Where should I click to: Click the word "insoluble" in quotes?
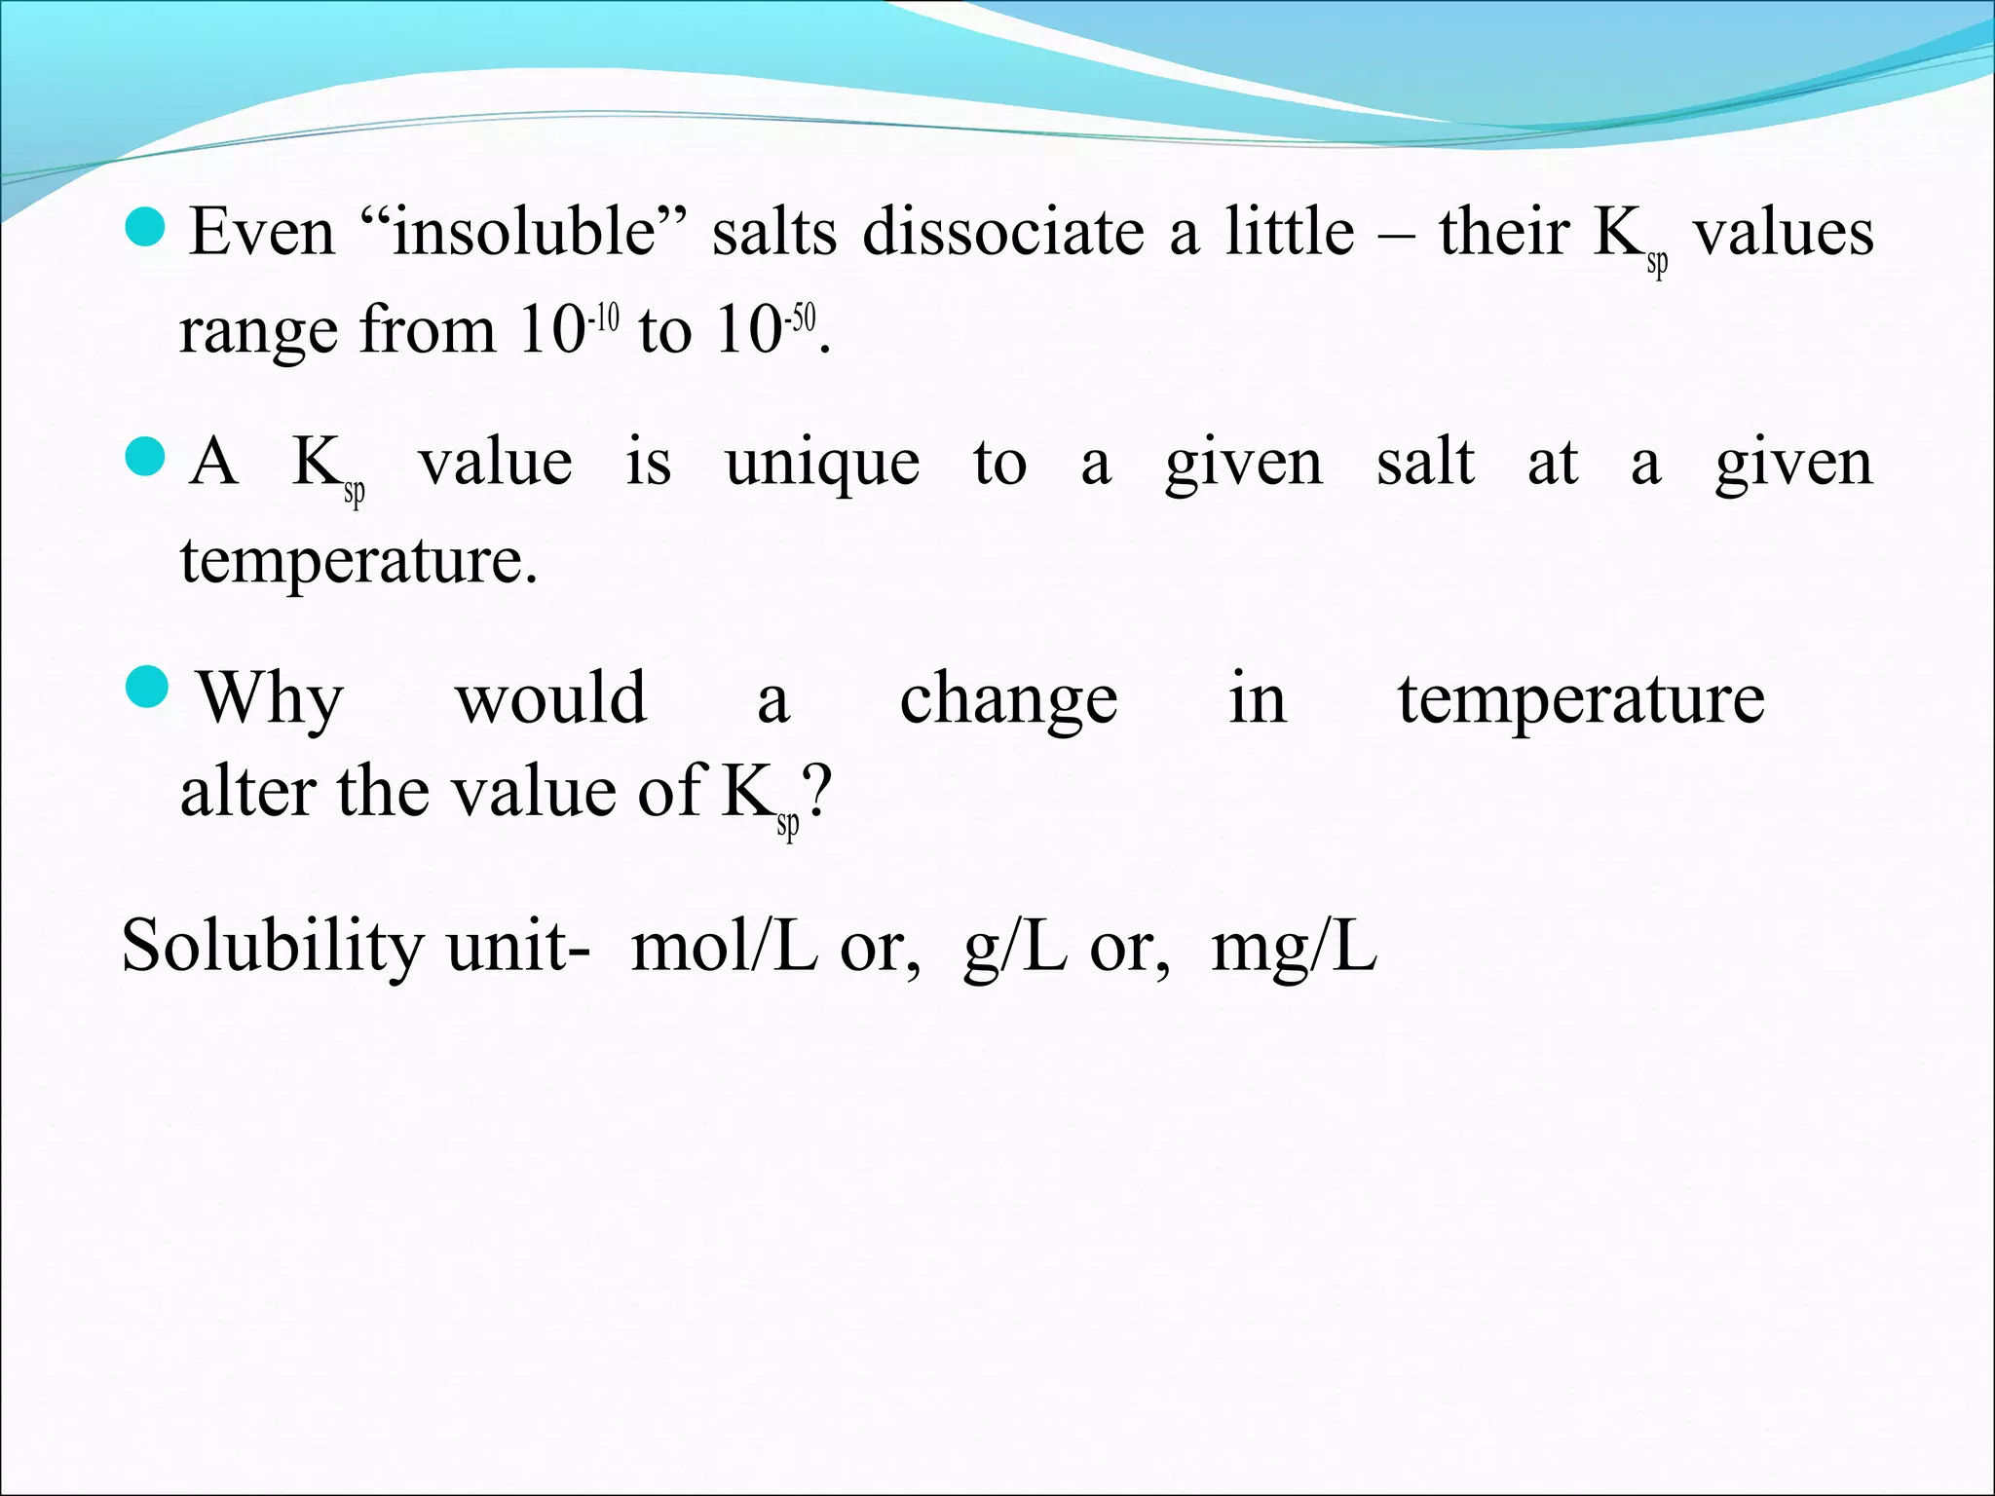pyautogui.click(x=525, y=234)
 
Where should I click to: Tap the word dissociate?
pyautogui.click(x=1003, y=234)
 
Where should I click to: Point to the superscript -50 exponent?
pyautogui.click(x=801, y=318)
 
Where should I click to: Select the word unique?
pyautogui.click(x=822, y=465)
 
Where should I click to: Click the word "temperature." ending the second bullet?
pyautogui.click(x=358, y=562)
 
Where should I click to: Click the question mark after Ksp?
pyautogui.click(x=817, y=793)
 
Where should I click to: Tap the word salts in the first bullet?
pyautogui.click(x=774, y=234)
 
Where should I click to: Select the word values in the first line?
pyautogui.click(x=1783, y=234)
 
